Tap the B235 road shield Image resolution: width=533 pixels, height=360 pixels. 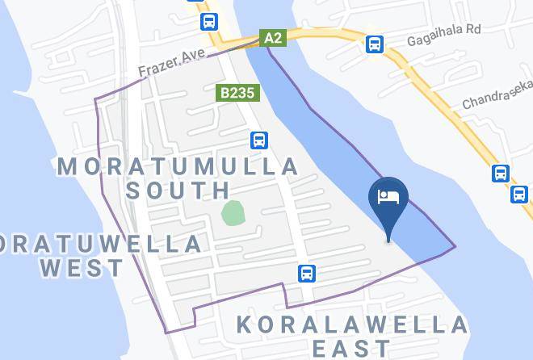tap(238, 93)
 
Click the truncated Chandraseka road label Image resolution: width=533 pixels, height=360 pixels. tap(497, 94)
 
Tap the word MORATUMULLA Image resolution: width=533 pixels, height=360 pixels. tap(178, 167)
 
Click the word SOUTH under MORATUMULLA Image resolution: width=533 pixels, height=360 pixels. tap(178, 190)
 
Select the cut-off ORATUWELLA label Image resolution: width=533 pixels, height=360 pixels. tap(102, 244)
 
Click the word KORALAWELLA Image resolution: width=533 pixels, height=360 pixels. tap(352, 325)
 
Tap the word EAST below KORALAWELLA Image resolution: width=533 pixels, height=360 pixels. tap(352, 349)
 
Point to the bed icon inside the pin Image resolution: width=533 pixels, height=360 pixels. tap(388, 197)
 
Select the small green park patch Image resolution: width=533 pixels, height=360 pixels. tap(233, 214)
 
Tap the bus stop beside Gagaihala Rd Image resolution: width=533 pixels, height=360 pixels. tap(375, 44)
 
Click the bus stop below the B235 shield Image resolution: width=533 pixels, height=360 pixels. tap(258, 140)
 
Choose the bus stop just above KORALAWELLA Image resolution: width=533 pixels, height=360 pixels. tap(307, 273)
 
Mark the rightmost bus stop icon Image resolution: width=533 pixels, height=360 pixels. tap(519, 194)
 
